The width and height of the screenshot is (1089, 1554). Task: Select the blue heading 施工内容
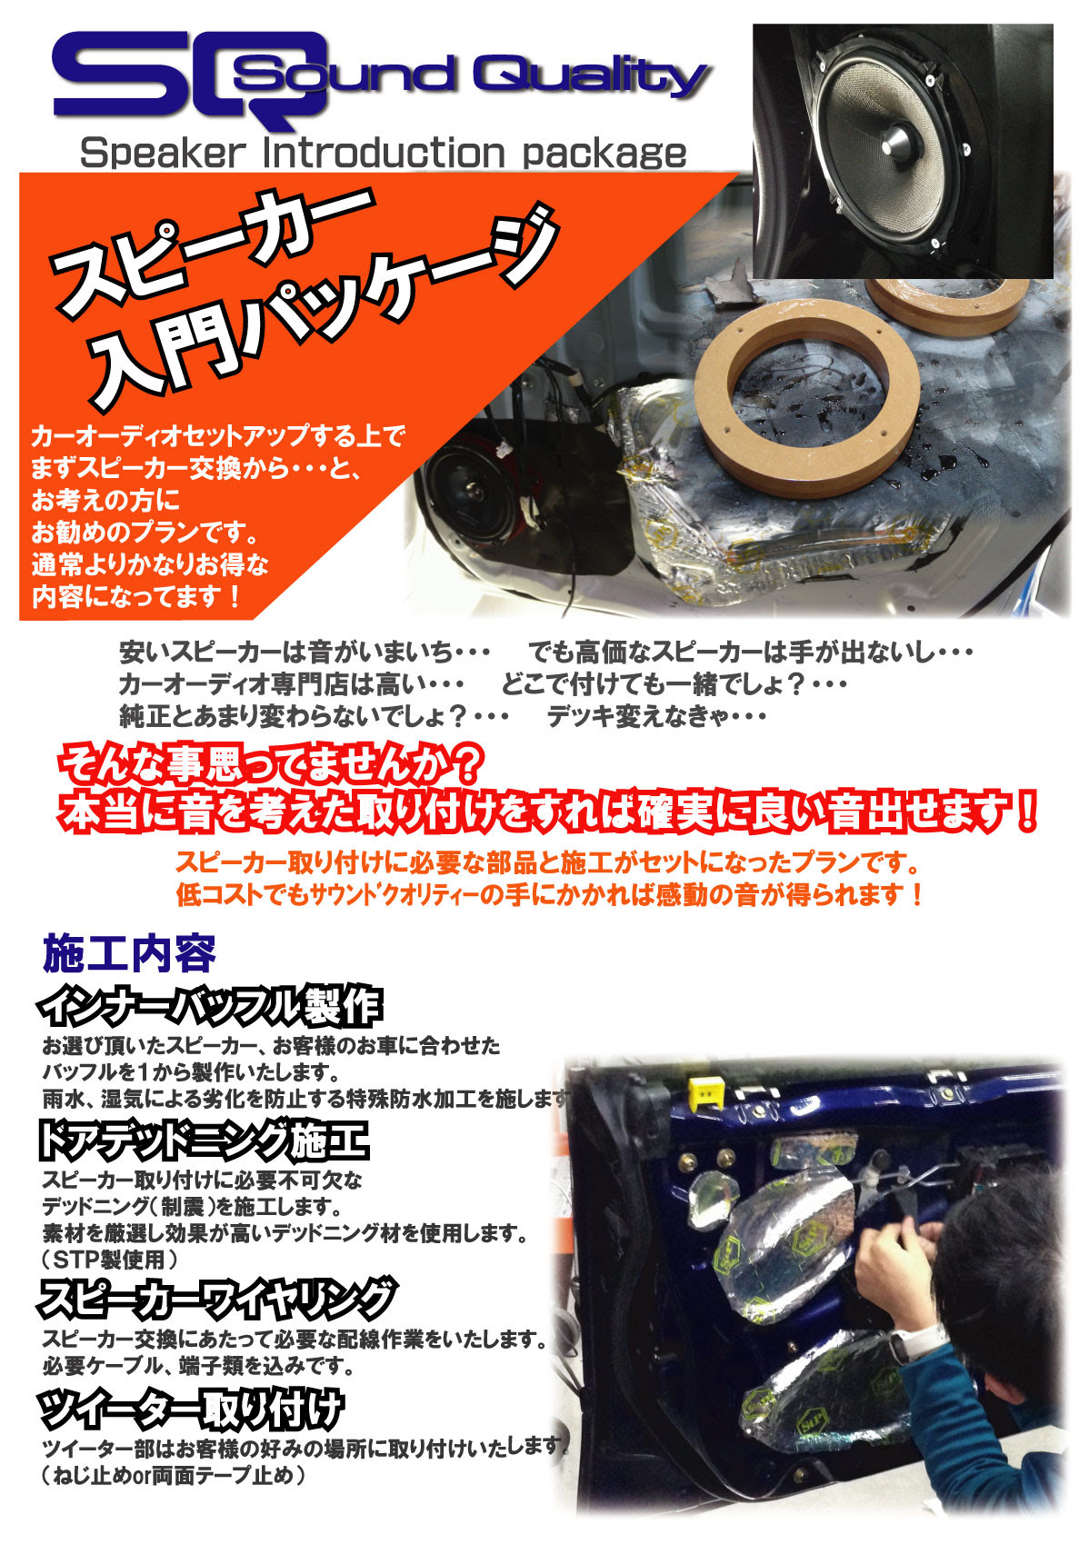tap(129, 953)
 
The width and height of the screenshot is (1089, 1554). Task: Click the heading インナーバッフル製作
tap(209, 1006)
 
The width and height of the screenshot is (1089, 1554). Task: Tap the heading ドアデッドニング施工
tap(204, 1141)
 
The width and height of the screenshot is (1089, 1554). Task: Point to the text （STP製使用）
tap(109, 1260)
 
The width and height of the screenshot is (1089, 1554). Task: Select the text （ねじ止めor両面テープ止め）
tap(173, 1474)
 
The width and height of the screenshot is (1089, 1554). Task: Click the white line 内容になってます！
tap(137, 597)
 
